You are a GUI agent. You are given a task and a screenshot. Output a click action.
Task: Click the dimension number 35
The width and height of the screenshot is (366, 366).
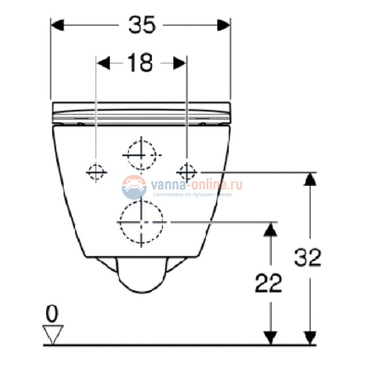point(141,25)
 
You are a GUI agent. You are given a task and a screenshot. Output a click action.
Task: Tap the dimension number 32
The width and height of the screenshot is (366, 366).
point(307,257)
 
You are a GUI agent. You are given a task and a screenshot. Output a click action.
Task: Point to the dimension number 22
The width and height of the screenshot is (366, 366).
point(268,283)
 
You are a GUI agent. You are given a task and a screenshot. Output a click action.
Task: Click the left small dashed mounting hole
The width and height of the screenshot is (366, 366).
point(96,171)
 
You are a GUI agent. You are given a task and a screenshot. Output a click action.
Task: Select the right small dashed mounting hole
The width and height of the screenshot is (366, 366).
point(187,170)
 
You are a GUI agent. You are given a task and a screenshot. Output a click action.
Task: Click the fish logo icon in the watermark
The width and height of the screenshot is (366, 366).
point(133,186)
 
